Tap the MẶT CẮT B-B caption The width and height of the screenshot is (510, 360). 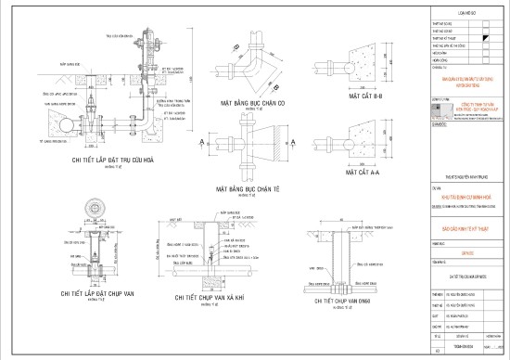tap(365, 94)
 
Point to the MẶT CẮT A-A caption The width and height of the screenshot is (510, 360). tap(365, 172)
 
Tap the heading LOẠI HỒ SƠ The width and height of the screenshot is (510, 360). tap(466, 14)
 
